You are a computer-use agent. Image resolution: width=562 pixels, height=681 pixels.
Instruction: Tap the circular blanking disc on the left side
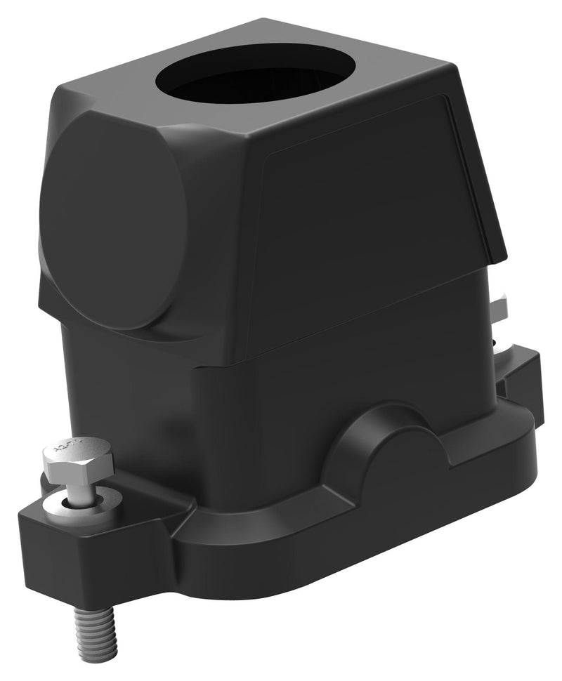click(x=112, y=225)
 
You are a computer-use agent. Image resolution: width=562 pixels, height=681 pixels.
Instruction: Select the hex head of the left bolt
click(x=77, y=460)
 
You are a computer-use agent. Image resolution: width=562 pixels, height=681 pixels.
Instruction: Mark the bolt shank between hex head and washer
click(x=81, y=489)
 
